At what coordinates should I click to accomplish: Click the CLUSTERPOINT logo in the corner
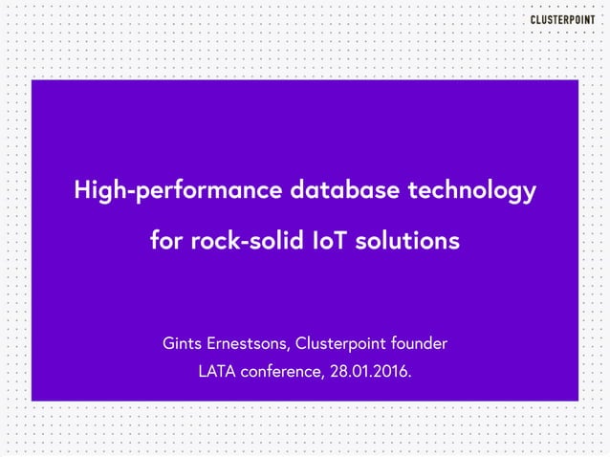[561, 21]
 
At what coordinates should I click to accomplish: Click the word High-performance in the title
[176, 191]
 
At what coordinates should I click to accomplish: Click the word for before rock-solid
[166, 241]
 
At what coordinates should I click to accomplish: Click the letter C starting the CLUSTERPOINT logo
[534, 21]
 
